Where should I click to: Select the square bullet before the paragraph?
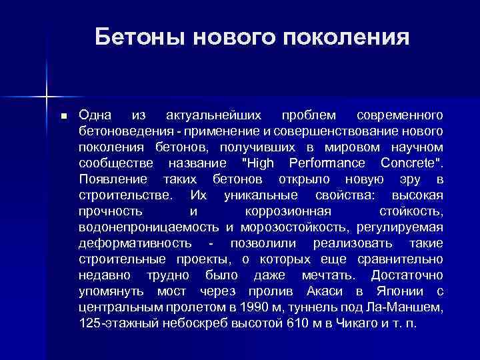click(x=64, y=116)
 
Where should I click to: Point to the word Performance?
click(x=327, y=163)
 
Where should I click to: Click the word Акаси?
click(x=327, y=291)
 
